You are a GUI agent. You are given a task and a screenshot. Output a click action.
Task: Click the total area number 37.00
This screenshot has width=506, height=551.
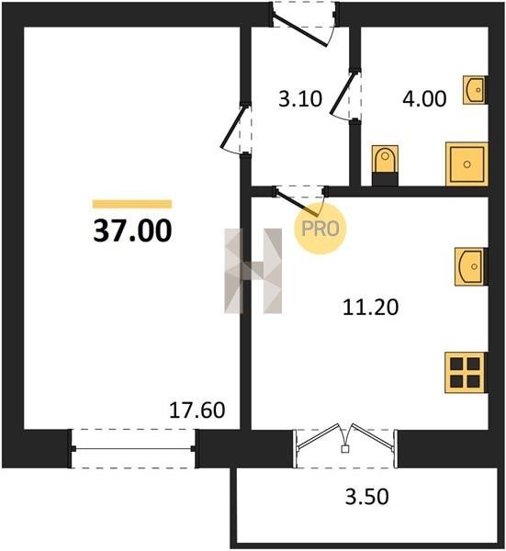[x=132, y=231]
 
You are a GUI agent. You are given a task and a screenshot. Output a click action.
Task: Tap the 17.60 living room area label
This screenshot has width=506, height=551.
[x=197, y=410]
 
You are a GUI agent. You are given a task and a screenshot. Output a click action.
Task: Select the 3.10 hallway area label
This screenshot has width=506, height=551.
[x=300, y=99]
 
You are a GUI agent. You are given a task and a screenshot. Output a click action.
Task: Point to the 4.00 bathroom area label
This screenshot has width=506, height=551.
[x=424, y=99]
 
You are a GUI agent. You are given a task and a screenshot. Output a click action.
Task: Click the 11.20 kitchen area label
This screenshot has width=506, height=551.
[x=370, y=307]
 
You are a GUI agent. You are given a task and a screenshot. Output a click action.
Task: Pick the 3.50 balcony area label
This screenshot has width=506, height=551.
[x=366, y=497]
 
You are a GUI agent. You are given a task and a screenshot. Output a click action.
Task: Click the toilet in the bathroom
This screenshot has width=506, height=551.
[x=385, y=165]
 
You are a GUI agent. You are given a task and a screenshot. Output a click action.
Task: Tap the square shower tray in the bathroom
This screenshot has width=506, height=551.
[x=467, y=163]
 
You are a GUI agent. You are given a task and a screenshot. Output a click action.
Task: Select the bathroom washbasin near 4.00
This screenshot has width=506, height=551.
[x=475, y=90]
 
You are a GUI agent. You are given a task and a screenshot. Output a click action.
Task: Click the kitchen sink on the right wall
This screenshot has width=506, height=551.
[x=470, y=266]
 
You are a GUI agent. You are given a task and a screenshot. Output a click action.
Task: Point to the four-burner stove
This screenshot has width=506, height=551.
[x=466, y=373]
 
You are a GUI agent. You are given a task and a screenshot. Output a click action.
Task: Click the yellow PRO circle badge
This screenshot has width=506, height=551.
[x=320, y=229]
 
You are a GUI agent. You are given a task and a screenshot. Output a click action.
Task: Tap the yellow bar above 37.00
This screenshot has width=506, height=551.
[x=132, y=204]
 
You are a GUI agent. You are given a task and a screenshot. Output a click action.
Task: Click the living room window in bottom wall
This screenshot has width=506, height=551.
[x=133, y=449]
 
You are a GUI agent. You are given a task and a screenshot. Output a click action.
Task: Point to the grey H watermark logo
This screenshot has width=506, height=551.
[x=253, y=271]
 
